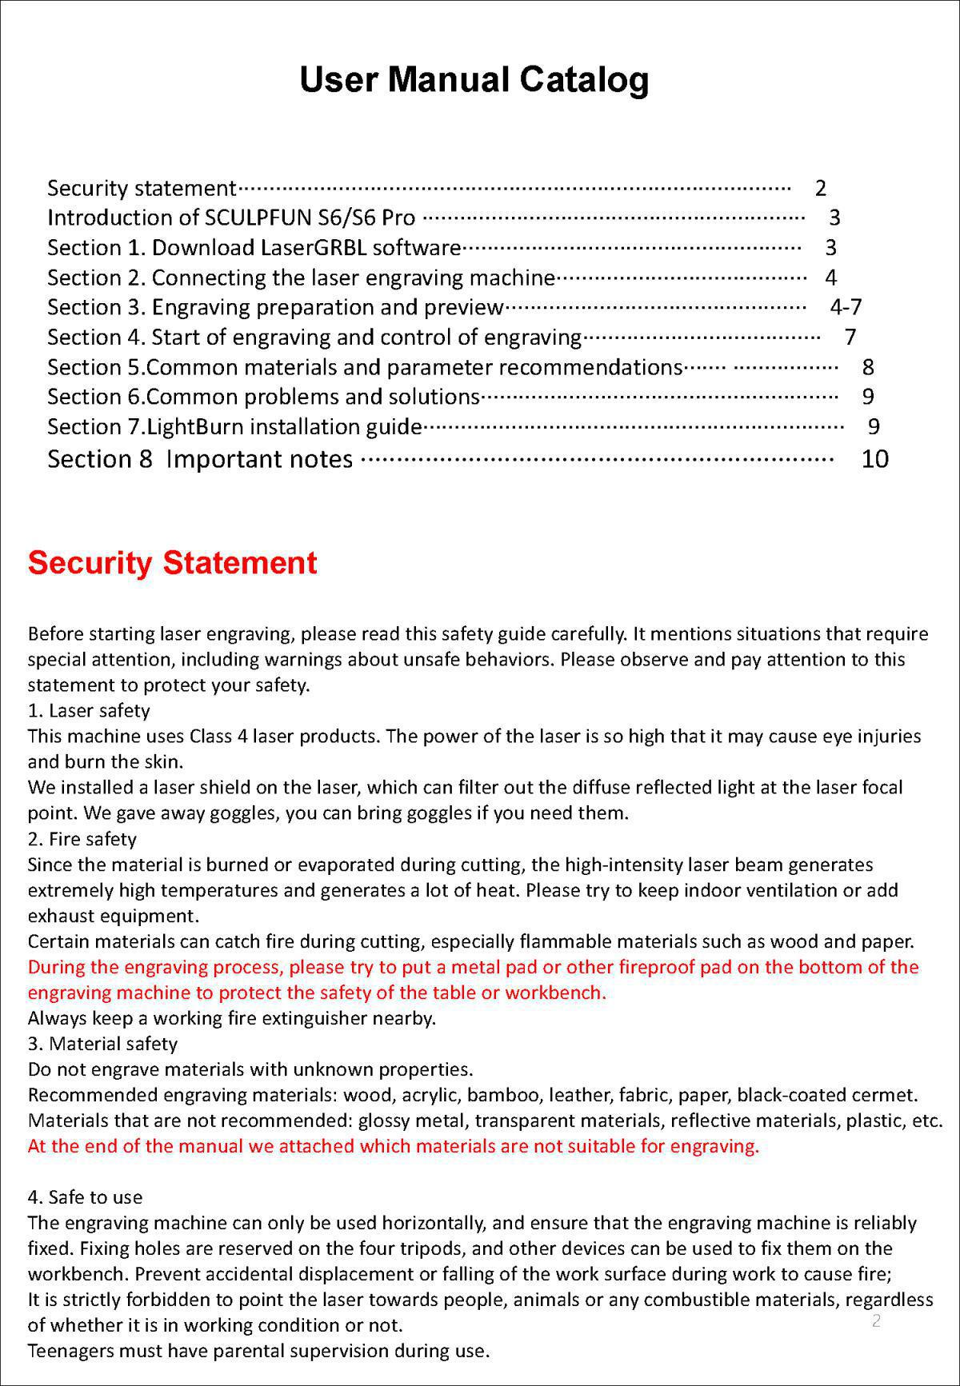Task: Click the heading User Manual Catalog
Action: tap(474, 80)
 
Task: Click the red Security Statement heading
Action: tap(172, 563)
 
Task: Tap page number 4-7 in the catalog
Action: tap(846, 307)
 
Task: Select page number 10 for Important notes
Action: tap(874, 459)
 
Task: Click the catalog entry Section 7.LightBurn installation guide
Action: tap(234, 427)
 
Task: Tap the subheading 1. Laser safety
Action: tap(89, 710)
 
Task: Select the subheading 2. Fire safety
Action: tap(82, 839)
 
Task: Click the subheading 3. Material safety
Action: tap(102, 1044)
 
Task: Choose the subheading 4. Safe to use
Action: tap(85, 1197)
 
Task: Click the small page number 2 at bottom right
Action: tap(876, 1320)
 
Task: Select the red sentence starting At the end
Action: tap(393, 1146)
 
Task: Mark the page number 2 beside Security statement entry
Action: tap(820, 188)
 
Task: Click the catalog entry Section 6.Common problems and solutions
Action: tap(263, 397)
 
